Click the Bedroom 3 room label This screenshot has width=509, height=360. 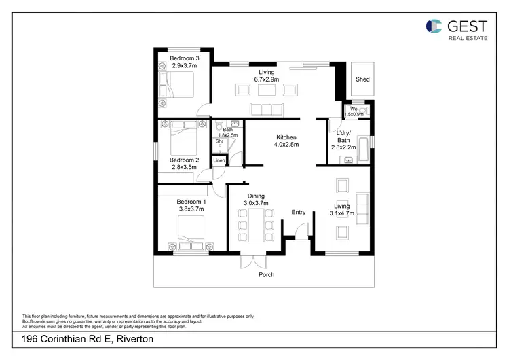183,58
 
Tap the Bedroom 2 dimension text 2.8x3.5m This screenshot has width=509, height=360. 184,166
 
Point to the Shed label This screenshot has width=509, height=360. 363,79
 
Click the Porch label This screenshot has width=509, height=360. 265,275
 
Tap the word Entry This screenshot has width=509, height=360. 299,213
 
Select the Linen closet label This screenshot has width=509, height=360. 219,160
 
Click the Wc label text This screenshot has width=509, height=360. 354,109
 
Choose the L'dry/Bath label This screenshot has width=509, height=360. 343,136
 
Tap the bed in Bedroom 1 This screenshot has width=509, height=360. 193,238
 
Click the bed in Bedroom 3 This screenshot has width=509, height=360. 178,86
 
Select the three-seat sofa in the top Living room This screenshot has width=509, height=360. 265,109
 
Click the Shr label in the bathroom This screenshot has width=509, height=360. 219,141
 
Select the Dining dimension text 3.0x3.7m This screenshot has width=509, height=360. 256,203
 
